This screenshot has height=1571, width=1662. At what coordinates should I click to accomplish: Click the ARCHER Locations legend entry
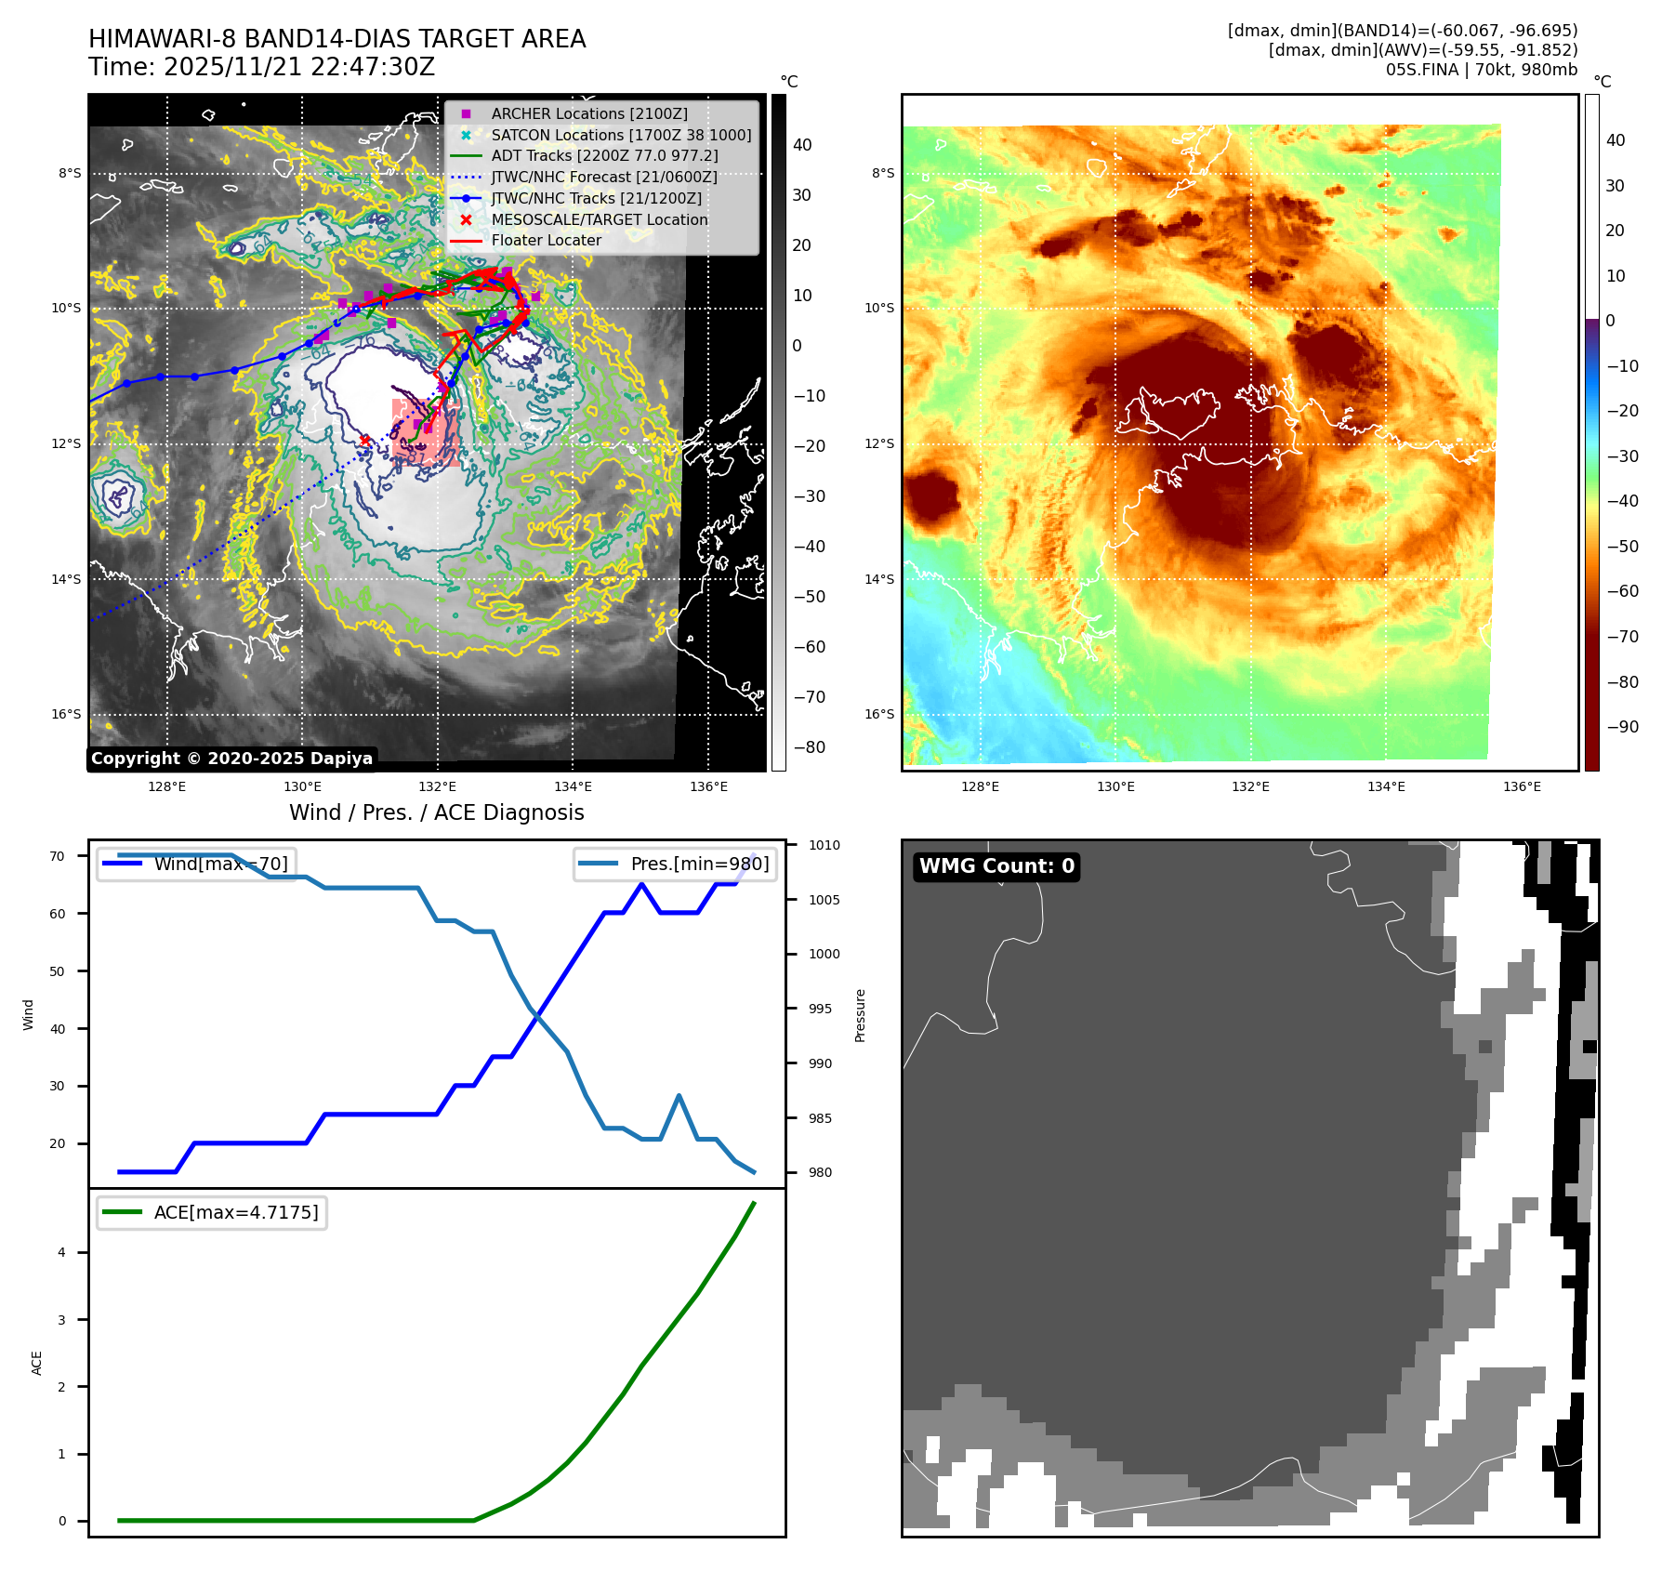click(589, 113)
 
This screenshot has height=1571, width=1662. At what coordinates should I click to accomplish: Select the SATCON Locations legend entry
click(621, 135)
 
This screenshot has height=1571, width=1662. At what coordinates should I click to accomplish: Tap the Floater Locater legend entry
click(546, 240)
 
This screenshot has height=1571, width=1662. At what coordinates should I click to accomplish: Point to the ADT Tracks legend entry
click(604, 155)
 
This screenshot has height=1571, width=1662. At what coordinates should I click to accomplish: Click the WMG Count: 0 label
click(996, 866)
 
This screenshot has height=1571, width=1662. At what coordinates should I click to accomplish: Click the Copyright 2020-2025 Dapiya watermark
click(231, 759)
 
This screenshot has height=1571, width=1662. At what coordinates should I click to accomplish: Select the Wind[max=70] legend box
click(197, 864)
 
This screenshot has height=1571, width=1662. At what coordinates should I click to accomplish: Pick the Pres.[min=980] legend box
click(676, 864)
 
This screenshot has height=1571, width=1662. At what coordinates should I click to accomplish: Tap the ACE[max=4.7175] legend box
click(212, 1212)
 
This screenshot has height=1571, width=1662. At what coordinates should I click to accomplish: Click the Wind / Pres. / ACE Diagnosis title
click(437, 812)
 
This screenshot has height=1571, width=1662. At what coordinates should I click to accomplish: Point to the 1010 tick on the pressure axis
click(824, 845)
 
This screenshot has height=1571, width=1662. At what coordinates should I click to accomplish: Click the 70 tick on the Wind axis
click(58, 856)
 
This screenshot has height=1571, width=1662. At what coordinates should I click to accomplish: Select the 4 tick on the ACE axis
click(62, 1252)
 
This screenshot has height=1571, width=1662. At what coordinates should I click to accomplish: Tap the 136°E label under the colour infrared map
click(1522, 786)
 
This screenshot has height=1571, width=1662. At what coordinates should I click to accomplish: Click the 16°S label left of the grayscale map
click(66, 714)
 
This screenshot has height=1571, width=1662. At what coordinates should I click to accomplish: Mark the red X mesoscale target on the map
click(364, 440)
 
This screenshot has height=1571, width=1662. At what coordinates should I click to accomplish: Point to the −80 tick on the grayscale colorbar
click(809, 746)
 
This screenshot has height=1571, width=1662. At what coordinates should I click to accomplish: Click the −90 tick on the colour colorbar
click(1622, 726)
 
